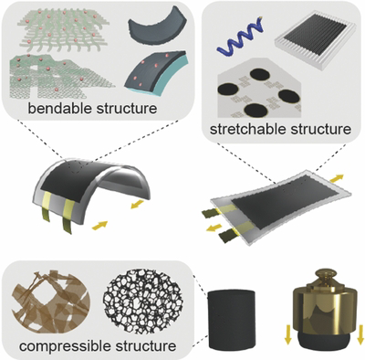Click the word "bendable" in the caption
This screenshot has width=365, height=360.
tap(59, 108)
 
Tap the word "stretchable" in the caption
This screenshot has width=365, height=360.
tap(247, 129)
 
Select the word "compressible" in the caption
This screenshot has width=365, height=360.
tap(60, 346)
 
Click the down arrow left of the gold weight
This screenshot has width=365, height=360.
tap(287, 334)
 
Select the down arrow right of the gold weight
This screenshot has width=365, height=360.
tap(360, 334)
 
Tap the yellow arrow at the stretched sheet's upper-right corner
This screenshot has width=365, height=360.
tap(337, 178)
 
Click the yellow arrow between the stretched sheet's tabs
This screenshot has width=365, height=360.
tap(213, 228)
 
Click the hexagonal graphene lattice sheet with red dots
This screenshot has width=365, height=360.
tap(60, 76)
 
